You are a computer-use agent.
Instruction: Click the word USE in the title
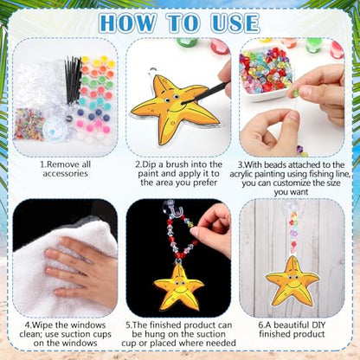235,22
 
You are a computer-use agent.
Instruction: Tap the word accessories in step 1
66,174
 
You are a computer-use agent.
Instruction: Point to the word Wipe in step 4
42,325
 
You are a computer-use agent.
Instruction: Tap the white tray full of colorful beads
266,74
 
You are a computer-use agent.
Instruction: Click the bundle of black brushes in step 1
73,80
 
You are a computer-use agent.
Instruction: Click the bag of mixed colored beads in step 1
29,124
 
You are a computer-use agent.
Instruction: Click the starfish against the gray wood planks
292,280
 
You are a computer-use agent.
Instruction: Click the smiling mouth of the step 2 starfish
174,110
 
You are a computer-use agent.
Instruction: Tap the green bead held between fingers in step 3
295,93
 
